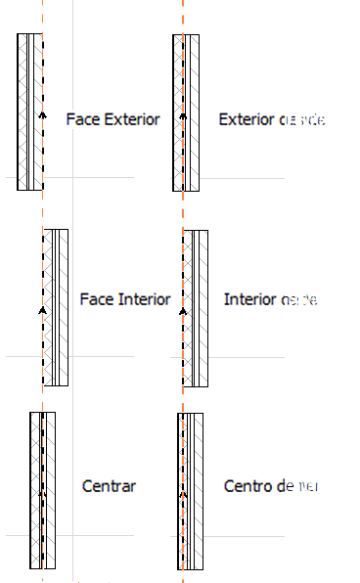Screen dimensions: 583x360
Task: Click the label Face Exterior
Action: pos(112,120)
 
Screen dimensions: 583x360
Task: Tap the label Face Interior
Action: pos(125,298)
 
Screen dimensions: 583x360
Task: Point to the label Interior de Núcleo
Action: pos(287,298)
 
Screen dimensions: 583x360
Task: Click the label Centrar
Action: pos(110,486)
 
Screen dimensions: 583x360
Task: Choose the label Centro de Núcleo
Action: pos(285,486)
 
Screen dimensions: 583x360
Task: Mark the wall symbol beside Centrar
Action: pos(43,489)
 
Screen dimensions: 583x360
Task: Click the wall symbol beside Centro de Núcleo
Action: pos(190,489)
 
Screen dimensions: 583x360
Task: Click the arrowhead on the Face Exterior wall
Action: pos(42,115)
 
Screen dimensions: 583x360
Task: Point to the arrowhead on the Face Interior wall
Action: pos(43,310)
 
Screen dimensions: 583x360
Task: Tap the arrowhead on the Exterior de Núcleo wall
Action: pos(183,115)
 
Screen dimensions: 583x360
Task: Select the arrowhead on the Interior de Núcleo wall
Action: pos(183,310)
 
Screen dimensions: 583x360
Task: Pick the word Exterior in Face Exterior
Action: pos(130,120)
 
